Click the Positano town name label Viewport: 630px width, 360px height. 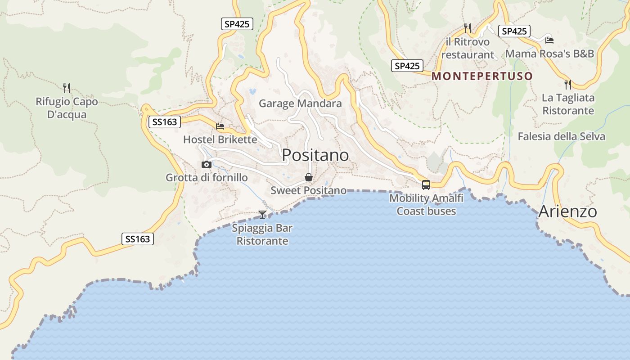315,155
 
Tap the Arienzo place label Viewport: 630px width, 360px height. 567,211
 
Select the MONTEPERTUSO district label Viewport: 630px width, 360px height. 482,76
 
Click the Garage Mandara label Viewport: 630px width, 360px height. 300,103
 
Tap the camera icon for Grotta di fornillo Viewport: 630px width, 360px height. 207,165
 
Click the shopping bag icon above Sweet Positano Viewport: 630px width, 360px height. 309,177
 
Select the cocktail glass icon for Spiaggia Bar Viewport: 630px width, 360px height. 262,214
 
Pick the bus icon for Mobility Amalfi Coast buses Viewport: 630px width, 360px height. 426,184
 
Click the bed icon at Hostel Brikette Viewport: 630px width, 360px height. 220,126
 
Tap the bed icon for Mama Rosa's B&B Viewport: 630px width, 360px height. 549,40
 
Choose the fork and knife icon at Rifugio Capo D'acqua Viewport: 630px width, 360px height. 67,87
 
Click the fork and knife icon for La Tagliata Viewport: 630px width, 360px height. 568,84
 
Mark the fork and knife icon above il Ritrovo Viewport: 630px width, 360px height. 468,28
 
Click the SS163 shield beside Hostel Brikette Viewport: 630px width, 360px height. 165,121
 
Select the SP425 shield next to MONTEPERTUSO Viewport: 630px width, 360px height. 407,66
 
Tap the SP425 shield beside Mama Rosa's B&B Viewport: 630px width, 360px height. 514,31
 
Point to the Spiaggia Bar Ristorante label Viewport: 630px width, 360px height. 262,234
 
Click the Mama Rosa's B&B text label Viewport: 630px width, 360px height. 549,54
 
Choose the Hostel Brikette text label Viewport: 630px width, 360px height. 220,139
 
